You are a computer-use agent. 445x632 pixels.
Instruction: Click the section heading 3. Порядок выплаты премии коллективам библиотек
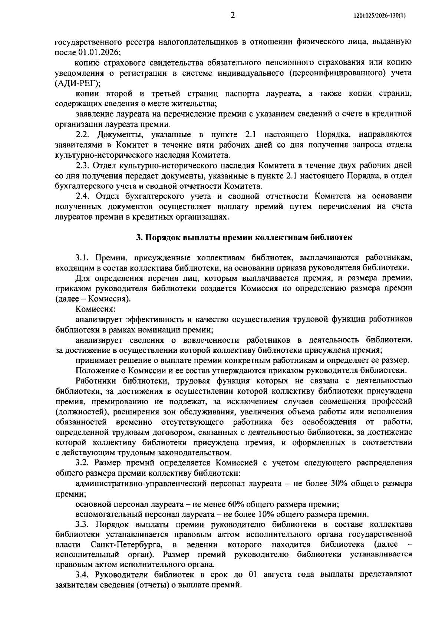click(x=243, y=238)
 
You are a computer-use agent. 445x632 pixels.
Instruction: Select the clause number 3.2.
click(x=82, y=463)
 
